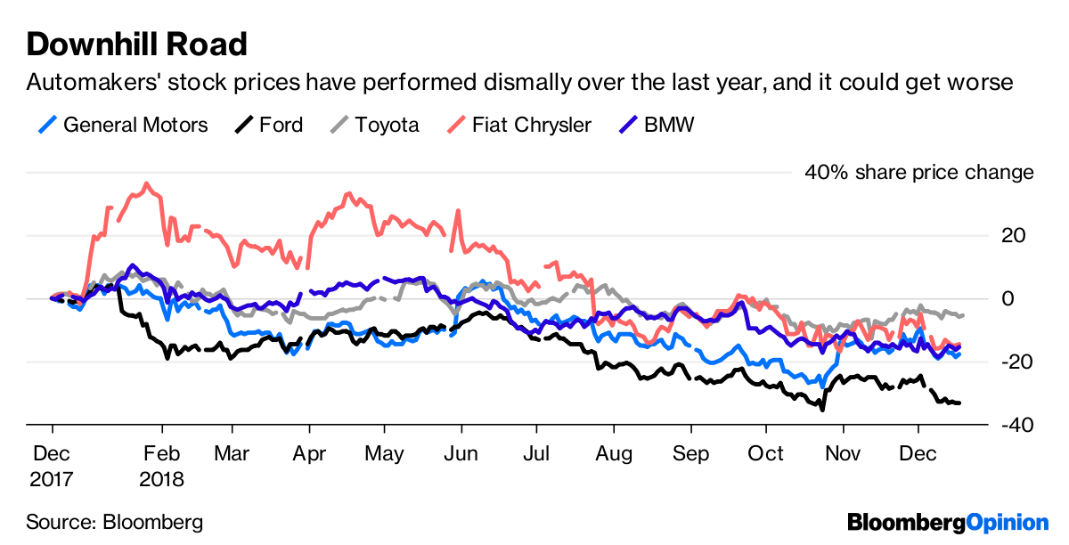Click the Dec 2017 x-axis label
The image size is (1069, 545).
53,466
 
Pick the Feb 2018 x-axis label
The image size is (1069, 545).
161,466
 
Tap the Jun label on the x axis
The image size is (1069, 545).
461,453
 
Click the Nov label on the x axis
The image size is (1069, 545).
842,453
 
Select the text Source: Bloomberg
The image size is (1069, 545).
114,521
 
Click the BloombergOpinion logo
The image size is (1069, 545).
949,522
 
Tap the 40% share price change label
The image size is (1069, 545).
919,172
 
